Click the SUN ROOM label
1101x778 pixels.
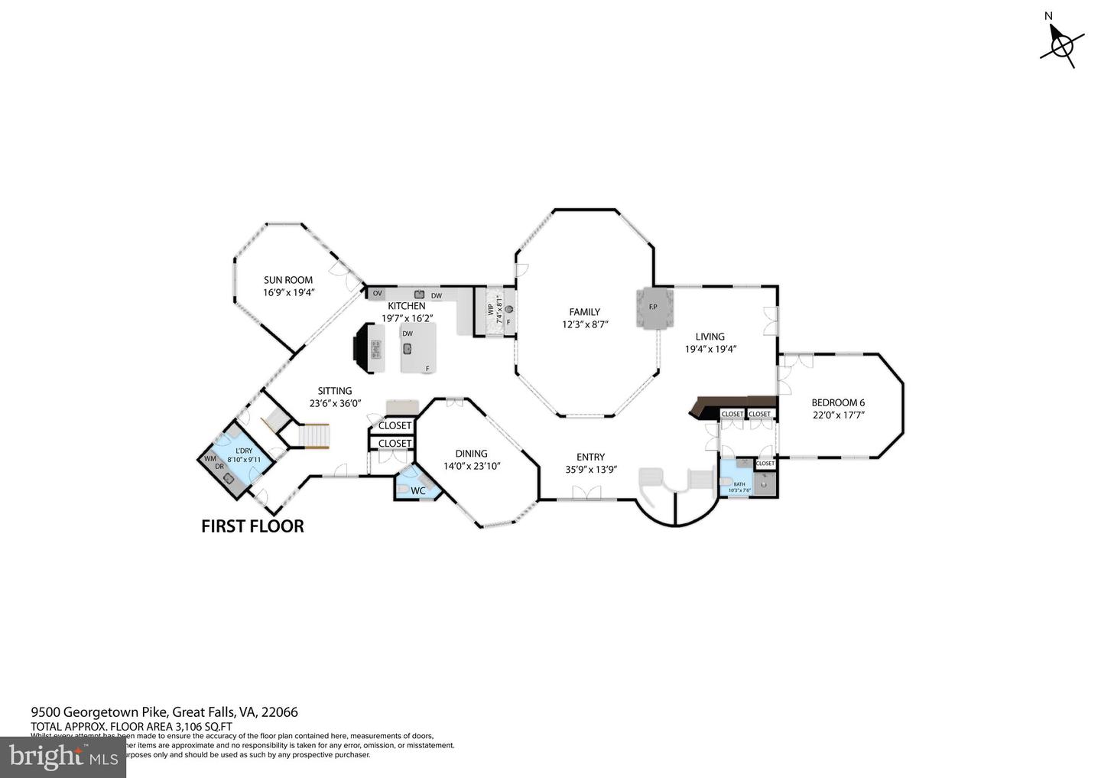[x=288, y=280]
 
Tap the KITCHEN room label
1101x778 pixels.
[x=407, y=306]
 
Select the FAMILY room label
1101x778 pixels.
[x=584, y=312]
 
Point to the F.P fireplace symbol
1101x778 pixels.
[x=653, y=308]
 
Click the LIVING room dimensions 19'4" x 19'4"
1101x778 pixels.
[x=710, y=349]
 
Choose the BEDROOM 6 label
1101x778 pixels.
[x=838, y=402]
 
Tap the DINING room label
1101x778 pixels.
[x=471, y=454]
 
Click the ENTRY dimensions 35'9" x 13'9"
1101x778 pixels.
[x=590, y=470]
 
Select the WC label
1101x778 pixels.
[x=418, y=491]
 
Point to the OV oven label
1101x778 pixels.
[x=377, y=294]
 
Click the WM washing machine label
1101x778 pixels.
[x=209, y=459]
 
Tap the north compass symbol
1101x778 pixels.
[x=1060, y=45]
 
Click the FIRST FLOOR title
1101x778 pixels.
[x=252, y=526]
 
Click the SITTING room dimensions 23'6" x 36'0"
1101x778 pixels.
[x=335, y=403]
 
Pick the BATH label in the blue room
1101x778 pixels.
[x=739, y=484]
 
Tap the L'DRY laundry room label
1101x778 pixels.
[x=244, y=451]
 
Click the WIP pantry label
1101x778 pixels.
[x=491, y=310]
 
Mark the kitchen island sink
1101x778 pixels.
[x=408, y=349]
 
